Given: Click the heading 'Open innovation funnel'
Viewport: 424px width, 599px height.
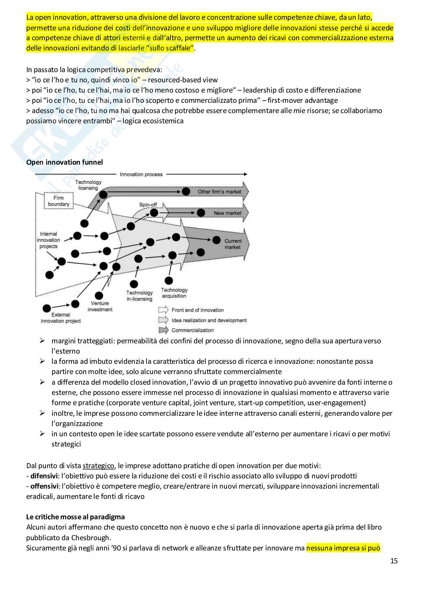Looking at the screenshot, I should coord(65,162).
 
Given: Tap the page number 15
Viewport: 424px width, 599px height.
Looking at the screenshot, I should coord(394,561).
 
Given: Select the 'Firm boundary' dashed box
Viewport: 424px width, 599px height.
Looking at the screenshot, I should coord(58,201).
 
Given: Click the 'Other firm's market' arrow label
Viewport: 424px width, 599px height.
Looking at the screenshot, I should coord(219,192).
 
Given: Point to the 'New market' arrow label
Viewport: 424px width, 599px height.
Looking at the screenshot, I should coord(227,213).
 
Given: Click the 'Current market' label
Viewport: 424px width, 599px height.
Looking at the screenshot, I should coord(233,244).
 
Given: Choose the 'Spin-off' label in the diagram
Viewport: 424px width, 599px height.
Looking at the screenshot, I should coord(148,205).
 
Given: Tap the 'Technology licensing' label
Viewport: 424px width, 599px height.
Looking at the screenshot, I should coord(88,185).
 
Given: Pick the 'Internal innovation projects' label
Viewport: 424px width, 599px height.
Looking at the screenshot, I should coord(49,240).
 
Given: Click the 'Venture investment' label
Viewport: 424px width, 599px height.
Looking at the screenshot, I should coord(100,307).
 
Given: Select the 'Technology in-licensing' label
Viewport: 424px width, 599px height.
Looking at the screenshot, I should coord(139,296).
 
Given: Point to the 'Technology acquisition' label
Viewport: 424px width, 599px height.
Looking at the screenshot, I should coord(174,293).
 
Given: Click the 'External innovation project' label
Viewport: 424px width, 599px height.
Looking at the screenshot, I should coord(61,318).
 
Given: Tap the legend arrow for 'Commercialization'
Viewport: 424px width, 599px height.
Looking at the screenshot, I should coord(164,330).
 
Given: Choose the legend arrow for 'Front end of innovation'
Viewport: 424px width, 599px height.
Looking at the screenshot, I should coord(164,310).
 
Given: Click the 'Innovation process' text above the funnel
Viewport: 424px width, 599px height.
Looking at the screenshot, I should coord(141,175).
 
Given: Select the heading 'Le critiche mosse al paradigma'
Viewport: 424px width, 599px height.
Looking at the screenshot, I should coord(76,517).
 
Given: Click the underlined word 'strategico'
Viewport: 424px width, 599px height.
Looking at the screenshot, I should coord(98,465).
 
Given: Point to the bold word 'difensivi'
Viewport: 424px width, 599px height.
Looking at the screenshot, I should coord(44,476).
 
